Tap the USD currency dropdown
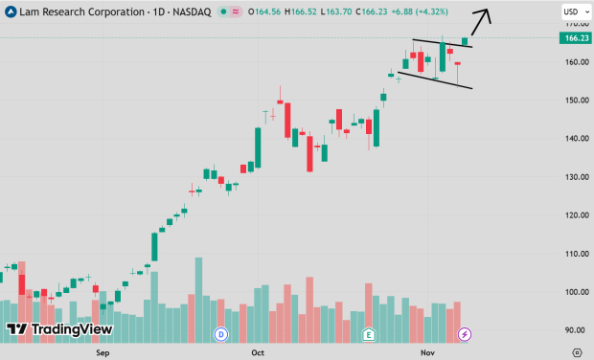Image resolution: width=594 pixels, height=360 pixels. tap(572, 11)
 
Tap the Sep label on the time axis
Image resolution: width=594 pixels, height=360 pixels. tap(103, 352)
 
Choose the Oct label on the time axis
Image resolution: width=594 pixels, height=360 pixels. tap(257, 352)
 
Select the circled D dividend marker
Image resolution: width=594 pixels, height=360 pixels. tap(221, 334)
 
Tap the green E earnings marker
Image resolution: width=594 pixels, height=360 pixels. tap(369, 334)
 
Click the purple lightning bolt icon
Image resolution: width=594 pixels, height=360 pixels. tap(465, 334)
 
